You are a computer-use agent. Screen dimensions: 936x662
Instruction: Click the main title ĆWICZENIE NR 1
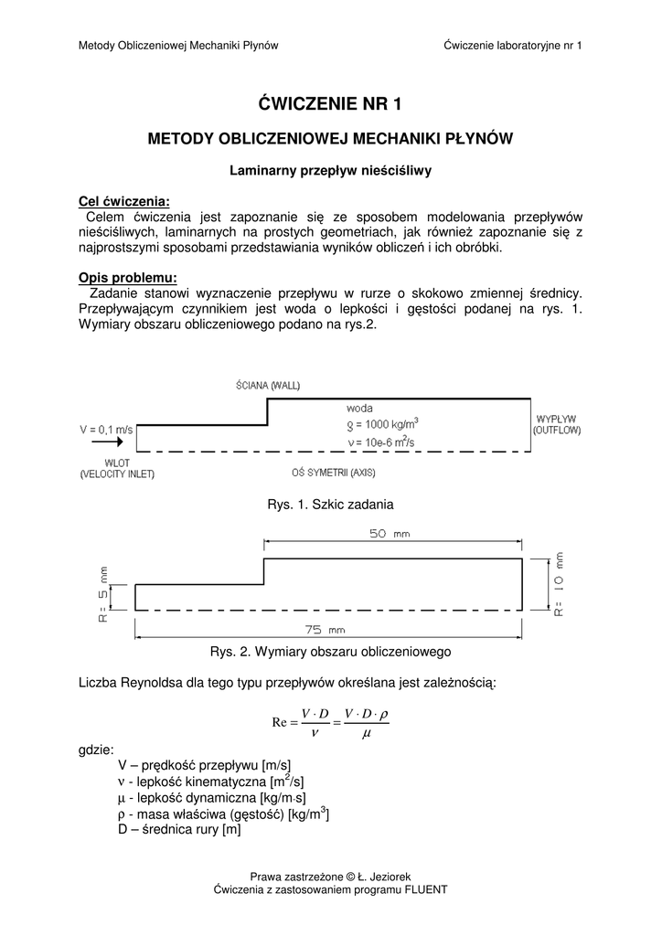[330, 103]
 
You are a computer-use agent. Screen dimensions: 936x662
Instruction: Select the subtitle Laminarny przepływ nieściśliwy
[330, 170]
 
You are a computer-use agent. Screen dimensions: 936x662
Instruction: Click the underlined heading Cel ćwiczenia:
[124, 201]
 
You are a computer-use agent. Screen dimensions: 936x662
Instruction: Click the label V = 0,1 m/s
[106, 428]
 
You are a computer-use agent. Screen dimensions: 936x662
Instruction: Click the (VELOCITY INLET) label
[117, 473]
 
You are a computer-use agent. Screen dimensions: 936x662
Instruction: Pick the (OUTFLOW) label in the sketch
[558, 429]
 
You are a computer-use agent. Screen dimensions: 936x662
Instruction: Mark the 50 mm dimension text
[390, 535]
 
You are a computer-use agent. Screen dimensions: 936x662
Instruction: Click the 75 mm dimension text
[325, 629]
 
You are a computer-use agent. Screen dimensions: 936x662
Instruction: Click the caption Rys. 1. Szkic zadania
[330, 505]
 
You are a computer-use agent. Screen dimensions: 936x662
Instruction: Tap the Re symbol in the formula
[281, 722]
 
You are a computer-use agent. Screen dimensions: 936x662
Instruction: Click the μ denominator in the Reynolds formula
[367, 733]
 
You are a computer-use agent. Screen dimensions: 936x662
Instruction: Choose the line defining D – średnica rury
[179, 830]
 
